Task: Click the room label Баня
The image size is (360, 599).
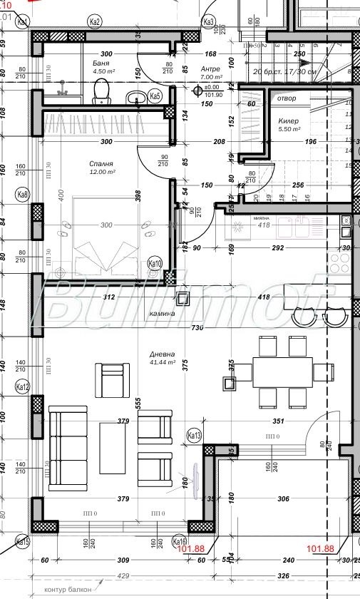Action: click(101, 63)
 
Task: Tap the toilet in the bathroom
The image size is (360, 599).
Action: click(101, 91)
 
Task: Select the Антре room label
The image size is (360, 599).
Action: click(210, 68)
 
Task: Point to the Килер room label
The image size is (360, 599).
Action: click(289, 121)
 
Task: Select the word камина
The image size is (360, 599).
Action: click(163, 314)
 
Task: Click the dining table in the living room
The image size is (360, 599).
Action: click(282, 372)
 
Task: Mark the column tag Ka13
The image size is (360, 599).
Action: click(194, 435)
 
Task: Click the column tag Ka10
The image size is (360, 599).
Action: click(155, 263)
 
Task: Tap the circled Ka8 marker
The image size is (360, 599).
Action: click(23, 194)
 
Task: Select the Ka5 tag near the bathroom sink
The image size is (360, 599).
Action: click(155, 96)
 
